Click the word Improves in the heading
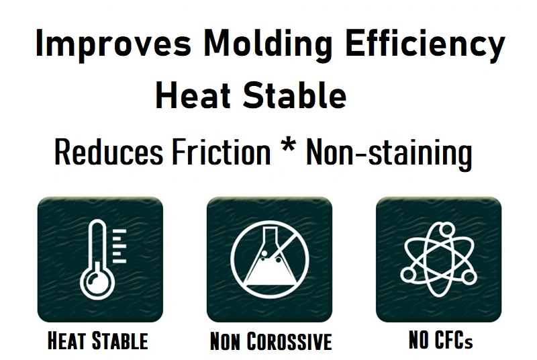click(x=113, y=44)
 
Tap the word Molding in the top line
click(x=267, y=44)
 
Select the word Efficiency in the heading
click(x=426, y=44)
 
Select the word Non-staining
click(x=389, y=152)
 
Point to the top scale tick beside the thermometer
click(x=119, y=231)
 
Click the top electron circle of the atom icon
click(x=446, y=228)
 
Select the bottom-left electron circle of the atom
click(x=407, y=274)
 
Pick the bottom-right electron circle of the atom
click(x=469, y=277)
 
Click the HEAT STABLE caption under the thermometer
click(x=98, y=341)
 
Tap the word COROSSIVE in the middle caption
click(x=289, y=341)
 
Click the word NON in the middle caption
click(x=226, y=341)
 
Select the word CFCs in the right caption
click(x=454, y=340)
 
